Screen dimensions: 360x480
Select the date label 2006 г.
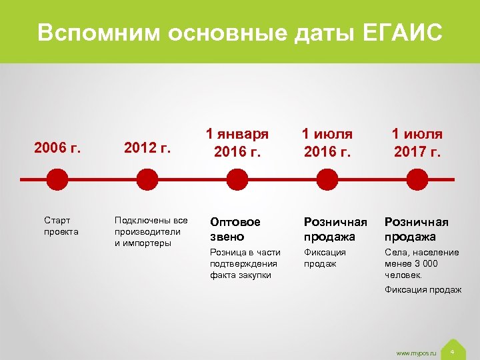(x=58, y=147)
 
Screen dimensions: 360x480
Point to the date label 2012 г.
(x=148, y=147)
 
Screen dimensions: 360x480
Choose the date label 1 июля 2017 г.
(x=417, y=143)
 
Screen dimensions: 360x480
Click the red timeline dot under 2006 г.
(x=58, y=179)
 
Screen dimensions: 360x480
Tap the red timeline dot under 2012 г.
(x=147, y=179)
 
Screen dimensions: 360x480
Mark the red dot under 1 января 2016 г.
(x=237, y=179)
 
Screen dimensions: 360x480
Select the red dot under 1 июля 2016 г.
(x=327, y=179)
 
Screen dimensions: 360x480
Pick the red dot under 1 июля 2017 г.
(x=417, y=179)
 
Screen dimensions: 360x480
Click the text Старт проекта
(x=61, y=226)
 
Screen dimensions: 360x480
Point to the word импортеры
(x=143, y=243)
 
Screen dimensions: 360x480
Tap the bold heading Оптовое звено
(x=235, y=229)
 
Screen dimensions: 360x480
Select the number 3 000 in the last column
(x=425, y=263)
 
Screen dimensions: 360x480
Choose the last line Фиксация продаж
(x=423, y=289)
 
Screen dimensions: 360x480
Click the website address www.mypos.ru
(x=415, y=352)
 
